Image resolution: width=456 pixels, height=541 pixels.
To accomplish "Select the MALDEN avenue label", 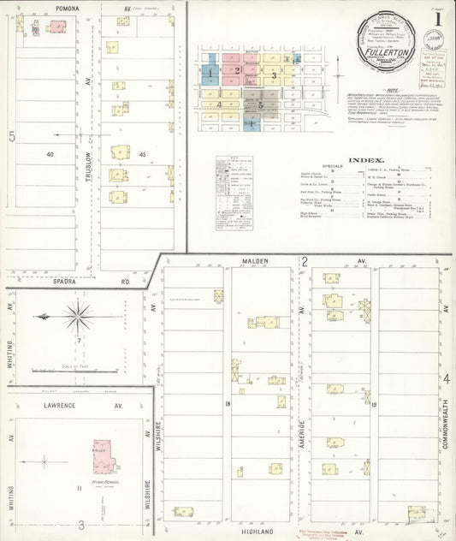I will (255, 260).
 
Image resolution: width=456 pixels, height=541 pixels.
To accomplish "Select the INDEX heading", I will (366, 160).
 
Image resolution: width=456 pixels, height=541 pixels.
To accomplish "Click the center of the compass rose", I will (78, 316).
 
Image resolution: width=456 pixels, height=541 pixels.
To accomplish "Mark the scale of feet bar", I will (77, 371).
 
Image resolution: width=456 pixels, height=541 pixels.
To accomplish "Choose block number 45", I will (143, 154).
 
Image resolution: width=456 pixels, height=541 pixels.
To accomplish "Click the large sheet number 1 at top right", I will (438, 17).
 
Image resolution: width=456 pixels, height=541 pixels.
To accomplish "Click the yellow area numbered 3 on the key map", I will (273, 75).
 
